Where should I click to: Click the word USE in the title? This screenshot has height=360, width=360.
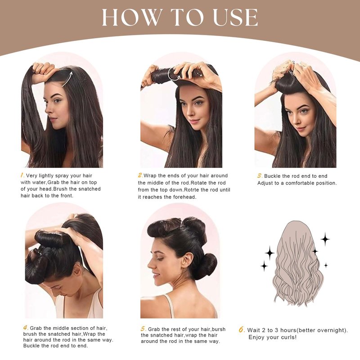(x=235, y=18)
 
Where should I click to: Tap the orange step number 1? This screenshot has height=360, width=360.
(x=22, y=175)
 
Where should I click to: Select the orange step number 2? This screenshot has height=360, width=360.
(x=140, y=175)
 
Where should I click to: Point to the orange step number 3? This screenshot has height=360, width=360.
(x=260, y=176)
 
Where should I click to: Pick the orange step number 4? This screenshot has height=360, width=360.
(x=26, y=328)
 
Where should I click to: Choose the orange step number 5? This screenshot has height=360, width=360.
(x=144, y=329)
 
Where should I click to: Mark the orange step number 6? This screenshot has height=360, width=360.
(x=242, y=330)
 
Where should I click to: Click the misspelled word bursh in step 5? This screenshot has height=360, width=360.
(x=219, y=329)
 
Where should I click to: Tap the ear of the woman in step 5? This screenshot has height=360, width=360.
(x=187, y=261)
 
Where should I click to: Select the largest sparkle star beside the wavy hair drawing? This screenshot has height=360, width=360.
(x=325, y=239)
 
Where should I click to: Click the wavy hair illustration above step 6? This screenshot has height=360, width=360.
(x=298, y=263)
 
